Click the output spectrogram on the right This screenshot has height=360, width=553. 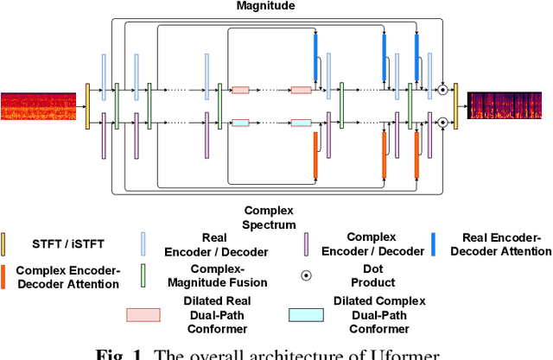509,105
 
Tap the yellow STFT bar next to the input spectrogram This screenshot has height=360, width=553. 87,106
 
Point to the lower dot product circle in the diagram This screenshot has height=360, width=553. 442,123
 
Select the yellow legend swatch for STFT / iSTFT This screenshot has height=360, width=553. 3,244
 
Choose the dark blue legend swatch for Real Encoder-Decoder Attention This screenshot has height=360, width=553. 433,244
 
